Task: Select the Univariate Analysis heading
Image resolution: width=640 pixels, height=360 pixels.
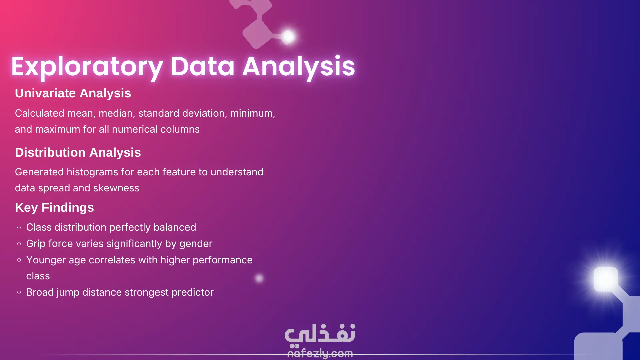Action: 73,93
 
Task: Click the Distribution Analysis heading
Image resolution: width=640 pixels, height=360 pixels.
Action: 78,153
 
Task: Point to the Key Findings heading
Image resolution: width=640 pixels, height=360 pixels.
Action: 54,208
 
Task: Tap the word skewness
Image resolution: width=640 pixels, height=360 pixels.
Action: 116,188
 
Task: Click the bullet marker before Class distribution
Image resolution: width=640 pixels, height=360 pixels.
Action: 19,228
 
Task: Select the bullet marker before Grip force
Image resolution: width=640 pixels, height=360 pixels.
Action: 19,244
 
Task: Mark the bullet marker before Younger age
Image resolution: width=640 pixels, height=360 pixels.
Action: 19,260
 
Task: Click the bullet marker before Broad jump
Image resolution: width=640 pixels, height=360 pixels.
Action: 19,292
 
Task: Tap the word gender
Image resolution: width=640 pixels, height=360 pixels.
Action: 196,244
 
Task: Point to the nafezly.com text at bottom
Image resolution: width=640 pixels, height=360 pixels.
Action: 320,353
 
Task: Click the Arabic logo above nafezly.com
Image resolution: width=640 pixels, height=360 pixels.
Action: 320,334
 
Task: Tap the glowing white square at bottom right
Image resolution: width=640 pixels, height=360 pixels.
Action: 606,279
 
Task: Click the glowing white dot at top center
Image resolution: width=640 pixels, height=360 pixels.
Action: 288,37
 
